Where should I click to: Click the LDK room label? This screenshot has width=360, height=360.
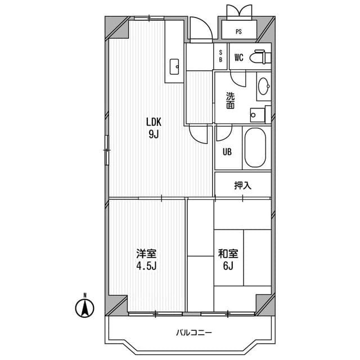tap(154, 121)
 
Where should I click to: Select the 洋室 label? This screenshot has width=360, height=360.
tap(145, 253)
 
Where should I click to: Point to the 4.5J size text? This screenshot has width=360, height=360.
tap(145, 265)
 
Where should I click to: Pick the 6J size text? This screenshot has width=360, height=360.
tap(227, 265)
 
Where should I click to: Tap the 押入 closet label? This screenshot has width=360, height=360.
tap(242, 185)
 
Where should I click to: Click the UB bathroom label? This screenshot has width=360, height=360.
tap(227, 151)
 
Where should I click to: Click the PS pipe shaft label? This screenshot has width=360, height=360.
tap(239, 31)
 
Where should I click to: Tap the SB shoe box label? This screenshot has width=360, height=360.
tap(220, 56)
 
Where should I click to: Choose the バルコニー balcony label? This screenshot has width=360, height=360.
tap(193, 332)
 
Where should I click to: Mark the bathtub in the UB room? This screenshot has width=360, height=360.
tap(256, 148)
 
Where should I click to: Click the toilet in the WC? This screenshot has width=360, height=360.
tap(260, 57)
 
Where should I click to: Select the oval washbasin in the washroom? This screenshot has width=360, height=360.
tap(263, 86)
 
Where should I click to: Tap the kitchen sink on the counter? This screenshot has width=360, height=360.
tap(174, 66)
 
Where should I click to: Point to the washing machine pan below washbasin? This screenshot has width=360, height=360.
tap(259, 114)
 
